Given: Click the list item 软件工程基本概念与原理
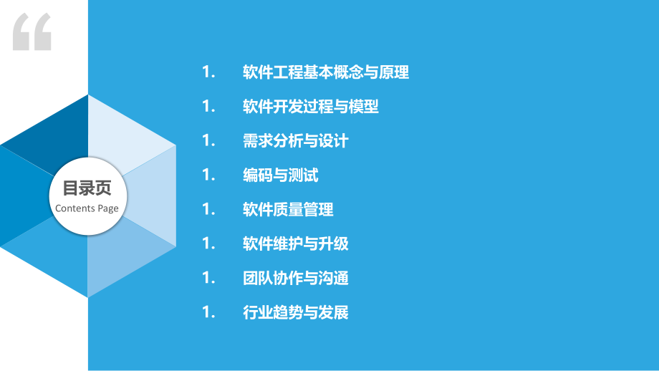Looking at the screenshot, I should [326, 72].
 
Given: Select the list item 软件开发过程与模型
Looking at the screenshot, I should [311, 107].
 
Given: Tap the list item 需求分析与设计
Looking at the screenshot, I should [296, 141].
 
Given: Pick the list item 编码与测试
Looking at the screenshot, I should [281, 175].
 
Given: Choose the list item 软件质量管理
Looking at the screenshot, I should [288, 210].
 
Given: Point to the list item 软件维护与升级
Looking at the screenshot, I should [296, 244].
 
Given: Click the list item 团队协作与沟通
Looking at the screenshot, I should [296, 278].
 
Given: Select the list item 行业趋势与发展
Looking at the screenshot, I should [296, 312].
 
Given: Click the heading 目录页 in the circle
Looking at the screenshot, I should [87, 189].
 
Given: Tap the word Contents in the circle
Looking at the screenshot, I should [74, 208].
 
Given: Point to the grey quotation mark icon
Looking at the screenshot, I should [32, 32].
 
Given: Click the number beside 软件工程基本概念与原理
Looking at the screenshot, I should [208, 72].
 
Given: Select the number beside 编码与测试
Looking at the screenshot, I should [208, 175].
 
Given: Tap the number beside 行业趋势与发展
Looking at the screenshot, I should [208, 312].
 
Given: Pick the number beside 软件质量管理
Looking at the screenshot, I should [208, 210].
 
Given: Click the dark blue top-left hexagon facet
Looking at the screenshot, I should [57, 129].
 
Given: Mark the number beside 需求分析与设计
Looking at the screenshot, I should [208, 141].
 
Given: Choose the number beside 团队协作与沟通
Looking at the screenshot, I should [208, 278].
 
